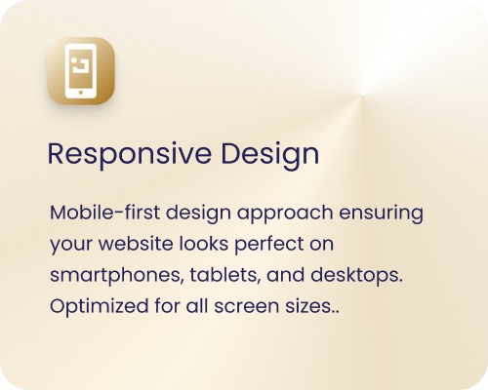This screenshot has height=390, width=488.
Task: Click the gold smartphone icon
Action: click(81, 74)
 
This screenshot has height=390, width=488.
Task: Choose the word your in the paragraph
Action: click(67, 243)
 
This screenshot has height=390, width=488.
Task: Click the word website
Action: click(128, 243)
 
